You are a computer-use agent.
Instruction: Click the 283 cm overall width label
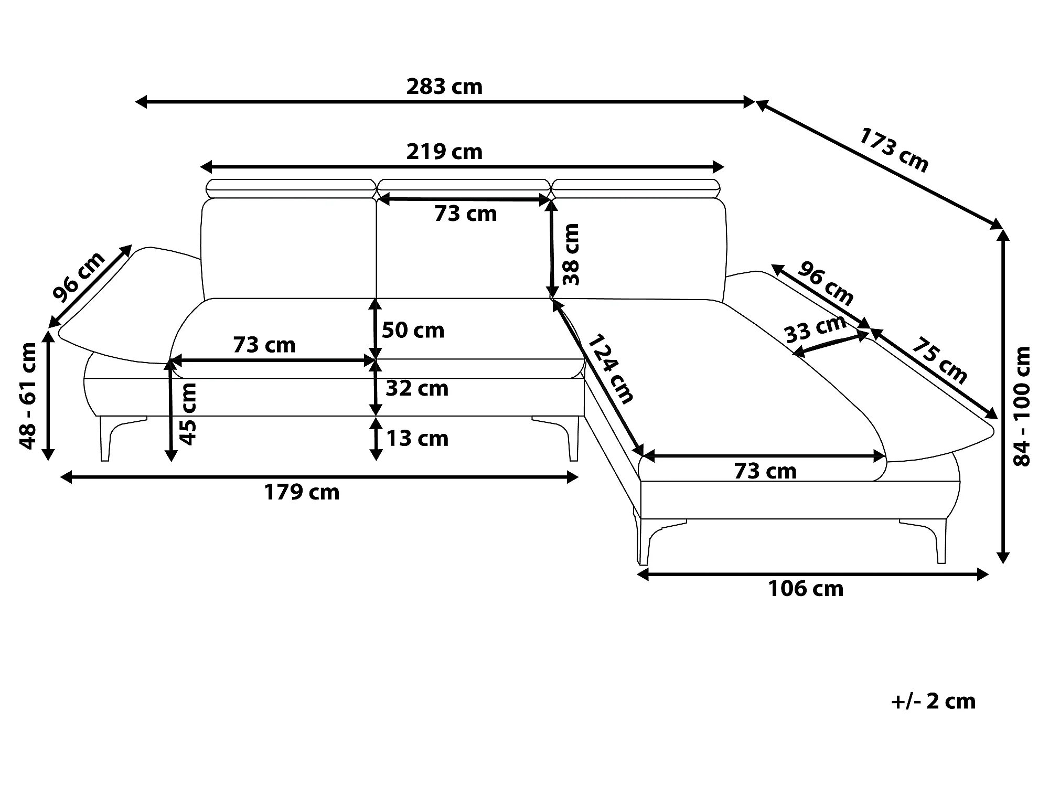pos(444,87)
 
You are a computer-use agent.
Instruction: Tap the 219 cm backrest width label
pos(444,152)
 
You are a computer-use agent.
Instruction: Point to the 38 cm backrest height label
pos(570,254)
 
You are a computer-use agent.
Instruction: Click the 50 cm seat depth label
pos(413,331)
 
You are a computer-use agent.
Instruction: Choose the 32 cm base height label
pos(417,389)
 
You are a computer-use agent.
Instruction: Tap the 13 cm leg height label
pos(417,439)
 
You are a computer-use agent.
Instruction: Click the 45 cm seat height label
pos(187,414)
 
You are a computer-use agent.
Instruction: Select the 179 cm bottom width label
pos(302,493)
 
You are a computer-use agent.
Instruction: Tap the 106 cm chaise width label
pos(806,589)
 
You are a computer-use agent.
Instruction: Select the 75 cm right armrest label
pos(939,360)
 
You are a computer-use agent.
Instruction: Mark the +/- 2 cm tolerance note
pos(933,701)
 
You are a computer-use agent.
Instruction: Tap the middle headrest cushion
pos(464,186)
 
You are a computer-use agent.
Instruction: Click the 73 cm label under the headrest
pos(466,214)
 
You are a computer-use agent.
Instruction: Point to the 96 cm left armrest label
pos(79,278)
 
